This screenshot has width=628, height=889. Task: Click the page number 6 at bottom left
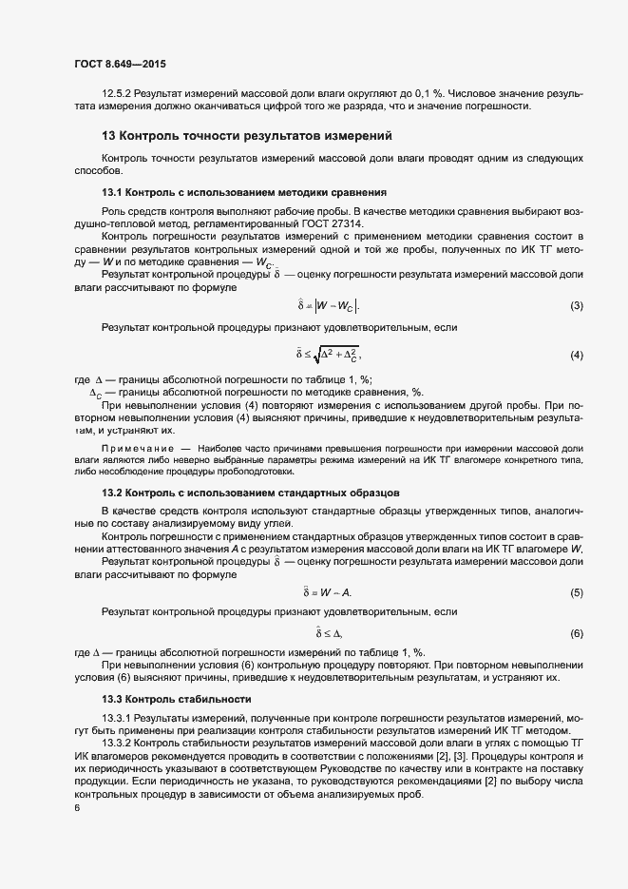click(76, 807)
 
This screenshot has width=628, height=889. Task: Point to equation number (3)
click(576, 305)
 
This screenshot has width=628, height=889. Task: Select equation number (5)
click(576, 592)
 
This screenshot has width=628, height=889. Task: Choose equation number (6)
click(576, 633)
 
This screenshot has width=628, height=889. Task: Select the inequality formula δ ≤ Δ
click(329, 633)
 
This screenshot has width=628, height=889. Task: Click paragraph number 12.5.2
click(117, 93)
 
